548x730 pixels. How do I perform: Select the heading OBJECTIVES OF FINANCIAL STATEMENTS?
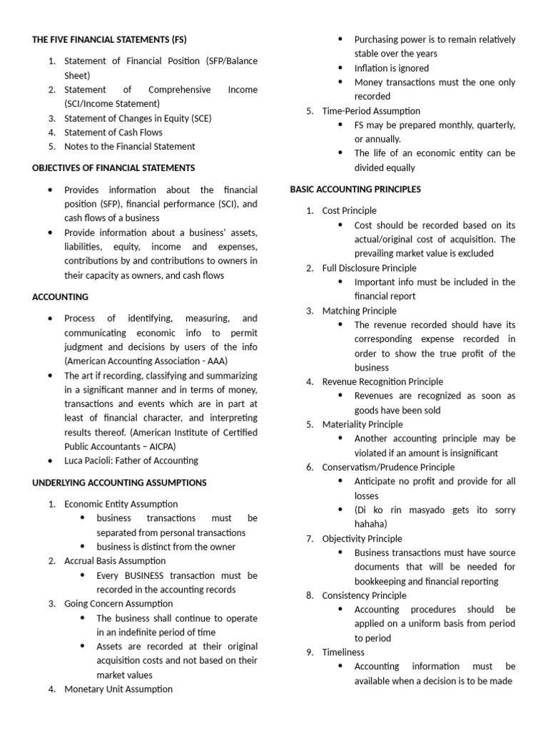[113, 168]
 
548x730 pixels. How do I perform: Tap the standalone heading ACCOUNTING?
[61, 297]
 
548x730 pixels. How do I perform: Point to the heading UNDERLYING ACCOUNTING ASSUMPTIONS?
[119, 483]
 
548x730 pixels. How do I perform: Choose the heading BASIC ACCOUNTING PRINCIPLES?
[355, 189]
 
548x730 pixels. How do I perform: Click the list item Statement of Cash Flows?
[113, 132]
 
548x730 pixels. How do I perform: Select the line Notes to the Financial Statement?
[129, 146]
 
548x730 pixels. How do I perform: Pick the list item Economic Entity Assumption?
[121, 504]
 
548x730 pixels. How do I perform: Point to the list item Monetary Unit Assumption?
[118, 689]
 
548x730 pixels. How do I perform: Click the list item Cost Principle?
[349, 210]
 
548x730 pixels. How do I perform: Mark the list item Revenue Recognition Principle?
[382, 381]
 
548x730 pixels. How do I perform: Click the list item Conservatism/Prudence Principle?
[388, 467]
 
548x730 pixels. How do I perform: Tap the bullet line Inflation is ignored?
[392, 68]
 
